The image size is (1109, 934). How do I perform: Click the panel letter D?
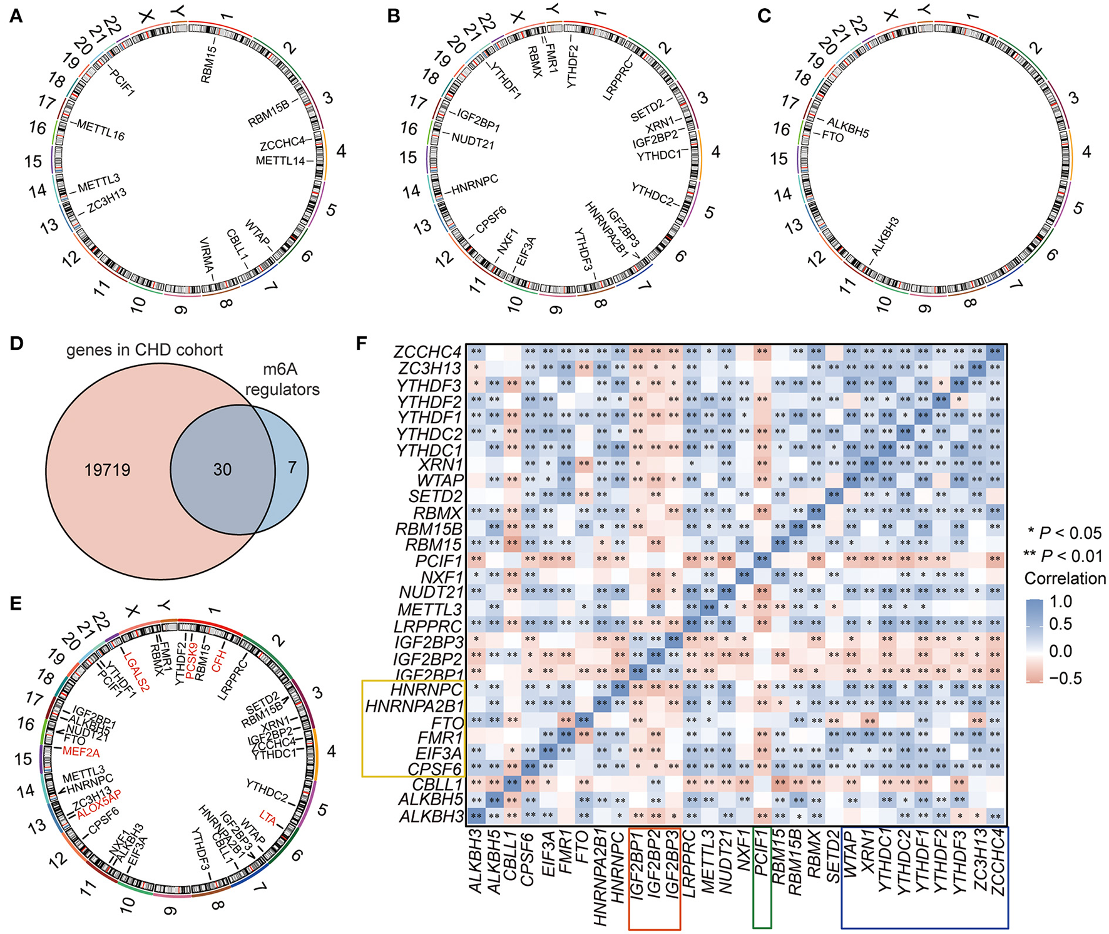click(16, 344)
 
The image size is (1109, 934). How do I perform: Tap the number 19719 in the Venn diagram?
click(108, 470)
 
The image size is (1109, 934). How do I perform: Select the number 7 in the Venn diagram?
click(292, 467)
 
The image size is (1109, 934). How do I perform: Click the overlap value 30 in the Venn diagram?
click(222, 470)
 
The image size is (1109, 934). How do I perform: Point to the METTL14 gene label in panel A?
click(280, 161)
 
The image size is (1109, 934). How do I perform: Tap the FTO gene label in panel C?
click(832, 136)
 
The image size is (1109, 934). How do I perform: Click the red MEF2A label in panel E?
click(81, 752)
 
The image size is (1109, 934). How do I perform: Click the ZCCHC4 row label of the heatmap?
click(428, 352)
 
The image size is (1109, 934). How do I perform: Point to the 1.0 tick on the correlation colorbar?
click(1060, 602)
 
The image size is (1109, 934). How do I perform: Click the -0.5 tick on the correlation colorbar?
click(1060, 679)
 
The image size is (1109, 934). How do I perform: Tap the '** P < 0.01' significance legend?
click(1062, 556)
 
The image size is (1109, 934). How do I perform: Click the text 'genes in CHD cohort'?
click(145, 350)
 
